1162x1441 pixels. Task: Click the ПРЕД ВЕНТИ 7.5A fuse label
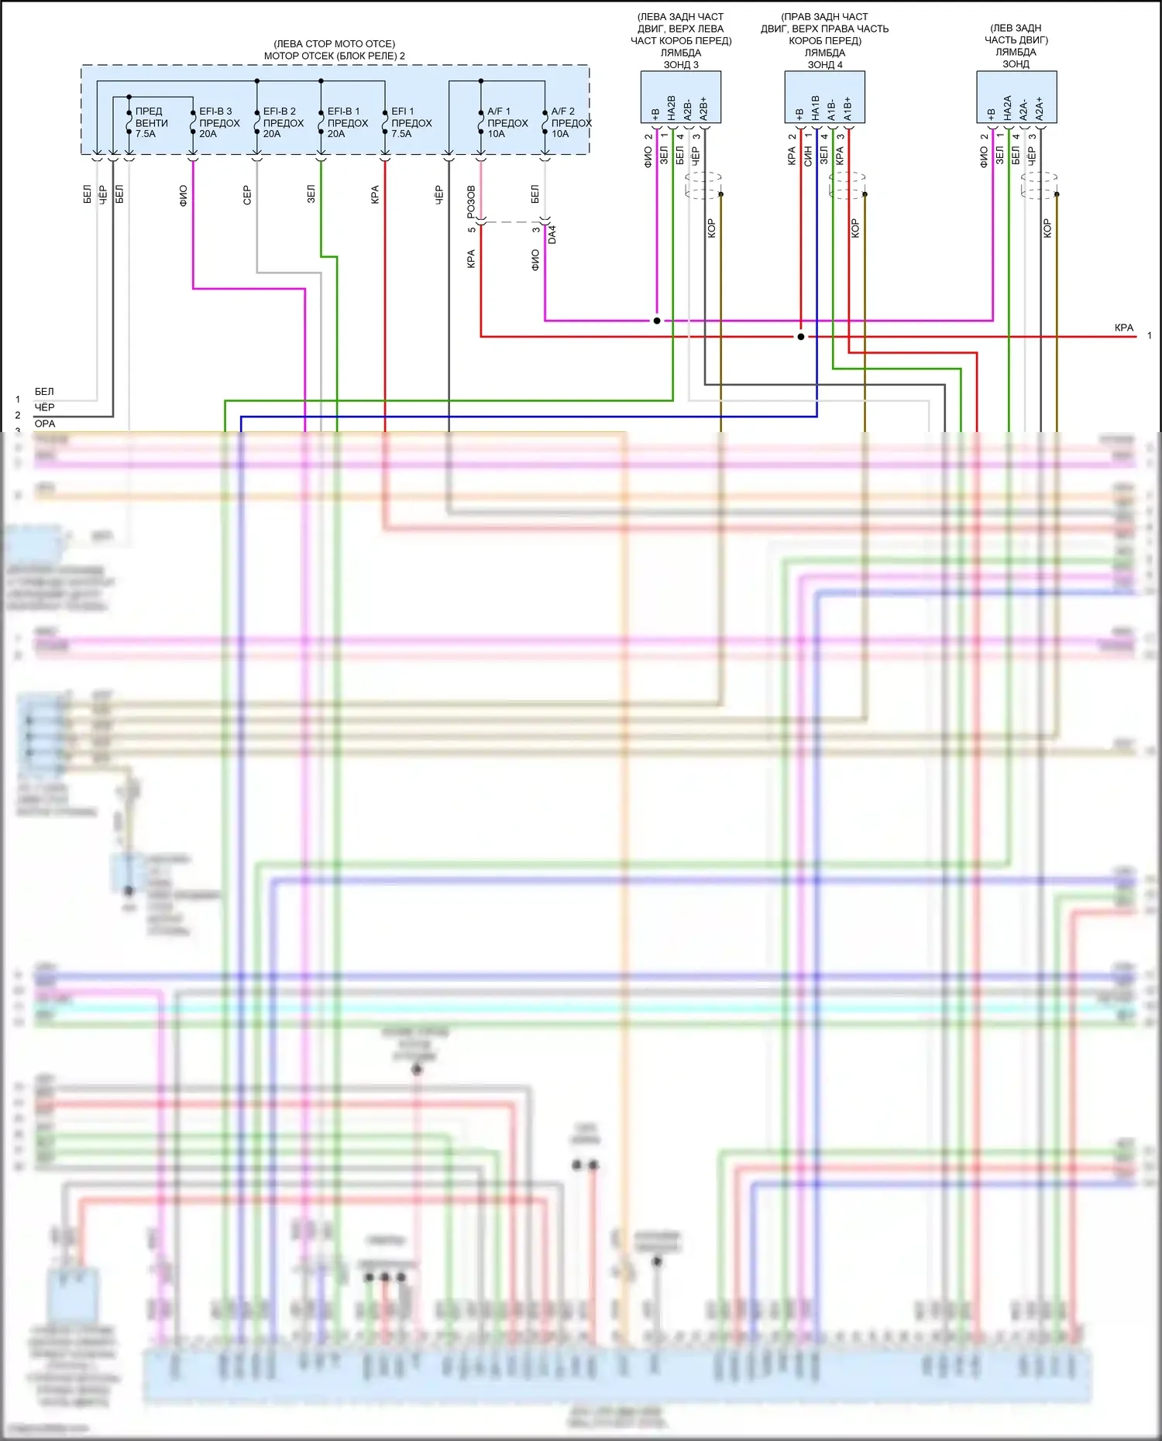coord(151,122)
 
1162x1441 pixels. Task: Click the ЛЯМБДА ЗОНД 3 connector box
coord(680,98)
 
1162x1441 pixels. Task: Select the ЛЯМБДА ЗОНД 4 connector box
coord(824,98)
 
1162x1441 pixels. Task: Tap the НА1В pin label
coord(816,108)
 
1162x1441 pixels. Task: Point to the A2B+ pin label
coord(704,108)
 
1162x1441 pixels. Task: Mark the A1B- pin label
coord(832,109)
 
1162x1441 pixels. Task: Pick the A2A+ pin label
coord(1040,108)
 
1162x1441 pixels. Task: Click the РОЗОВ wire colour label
coord(471,201)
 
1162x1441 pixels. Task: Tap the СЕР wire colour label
coord(247,194)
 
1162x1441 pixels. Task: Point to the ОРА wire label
coord(45,424)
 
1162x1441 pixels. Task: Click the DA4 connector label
coord(552,235)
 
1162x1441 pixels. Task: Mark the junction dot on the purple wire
coord(657,321)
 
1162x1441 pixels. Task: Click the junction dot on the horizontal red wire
coord(801,337)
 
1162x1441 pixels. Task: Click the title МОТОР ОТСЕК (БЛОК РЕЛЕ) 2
coord(334,56)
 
